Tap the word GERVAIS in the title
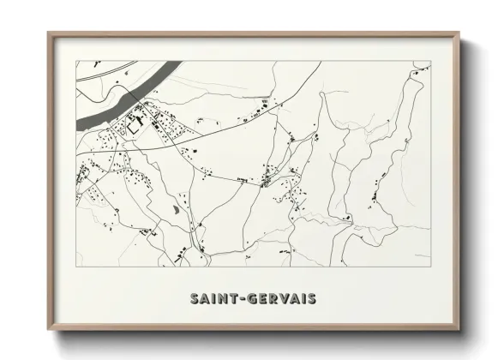(x=281, y=299)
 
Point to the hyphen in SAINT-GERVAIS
(x=243, y=299)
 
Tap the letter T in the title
(x=234, y=299)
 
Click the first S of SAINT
(x=195, y=299)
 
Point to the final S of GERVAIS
(x=311, y=299)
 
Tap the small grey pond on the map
(x=177, y=208)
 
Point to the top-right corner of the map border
(x=430, y=61)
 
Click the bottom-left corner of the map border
(x=76, y=267)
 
